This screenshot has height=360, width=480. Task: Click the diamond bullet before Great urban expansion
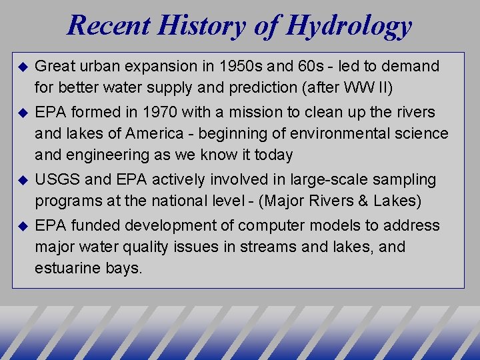point(23,67)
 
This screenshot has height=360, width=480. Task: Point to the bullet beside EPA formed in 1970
point(23,112)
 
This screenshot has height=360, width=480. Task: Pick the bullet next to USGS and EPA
point(23,180)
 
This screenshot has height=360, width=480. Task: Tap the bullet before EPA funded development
point(23,225)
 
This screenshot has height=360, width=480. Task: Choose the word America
point(140,133)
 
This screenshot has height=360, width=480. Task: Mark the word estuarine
point(69,269)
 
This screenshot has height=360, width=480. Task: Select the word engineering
point(99,155)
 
